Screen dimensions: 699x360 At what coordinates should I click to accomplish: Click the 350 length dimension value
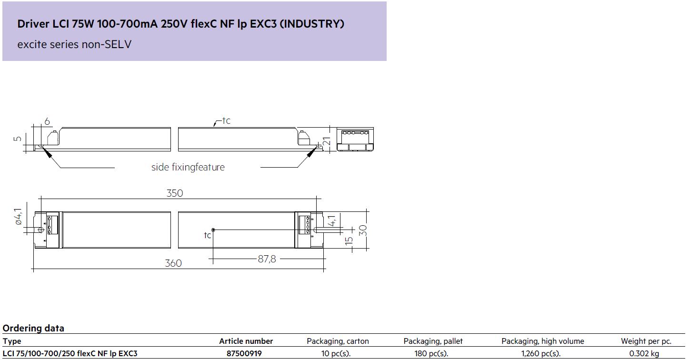pos(175,193)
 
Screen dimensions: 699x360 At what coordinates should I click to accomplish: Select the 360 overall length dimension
pos(173,263)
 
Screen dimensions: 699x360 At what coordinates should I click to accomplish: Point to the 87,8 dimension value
pos(267,259)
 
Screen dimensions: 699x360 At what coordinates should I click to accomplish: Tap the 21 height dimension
pos(327,141)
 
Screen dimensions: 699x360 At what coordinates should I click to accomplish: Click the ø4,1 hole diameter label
pos(19,217)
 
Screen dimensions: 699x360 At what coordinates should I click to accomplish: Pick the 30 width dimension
pos(363,230)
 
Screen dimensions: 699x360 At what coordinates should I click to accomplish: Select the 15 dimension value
pos(349,240)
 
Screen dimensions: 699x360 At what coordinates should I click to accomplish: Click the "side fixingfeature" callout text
pos(188,167)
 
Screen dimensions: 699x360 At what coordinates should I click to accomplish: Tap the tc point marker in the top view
pos(213,230)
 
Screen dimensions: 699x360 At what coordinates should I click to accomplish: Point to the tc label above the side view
pos(226,121)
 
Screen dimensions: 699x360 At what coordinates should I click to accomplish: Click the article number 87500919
pos(244,353)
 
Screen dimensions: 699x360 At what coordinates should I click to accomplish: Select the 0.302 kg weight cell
pos(644,353)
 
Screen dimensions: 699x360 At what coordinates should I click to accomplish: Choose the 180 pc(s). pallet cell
pos(431,353)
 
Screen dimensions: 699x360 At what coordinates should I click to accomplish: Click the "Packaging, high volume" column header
pos(543,341)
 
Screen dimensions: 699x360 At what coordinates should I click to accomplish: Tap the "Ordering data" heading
pos(33,328)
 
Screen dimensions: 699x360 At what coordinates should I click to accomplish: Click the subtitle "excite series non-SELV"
pos(74,44)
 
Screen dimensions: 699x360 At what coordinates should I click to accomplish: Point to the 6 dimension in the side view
pos(47,121)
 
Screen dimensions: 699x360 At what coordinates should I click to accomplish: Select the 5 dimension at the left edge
pos(18,139)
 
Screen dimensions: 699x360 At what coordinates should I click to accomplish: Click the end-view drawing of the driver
pos(355,139)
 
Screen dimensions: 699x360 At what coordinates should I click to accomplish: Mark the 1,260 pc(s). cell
pos(541,353)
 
